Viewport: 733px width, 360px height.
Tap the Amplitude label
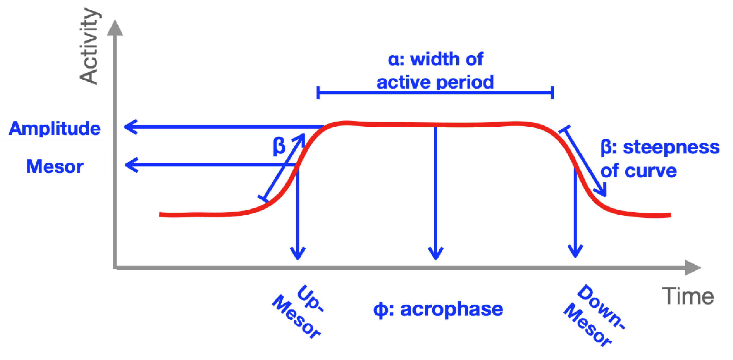pyautogui.click(x=55, y=128)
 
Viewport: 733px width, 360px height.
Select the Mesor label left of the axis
pyautogui.click(x=55, y=166)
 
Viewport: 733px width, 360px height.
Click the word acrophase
pyautogui.click(x=452, y=310)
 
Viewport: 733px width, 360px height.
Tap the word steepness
pyautogui.click(x=671, y=147)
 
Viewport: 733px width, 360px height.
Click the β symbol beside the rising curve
pyautogui.click(x=279, y=146)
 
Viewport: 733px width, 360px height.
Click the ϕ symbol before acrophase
pyautogui.click(x=380, y=310)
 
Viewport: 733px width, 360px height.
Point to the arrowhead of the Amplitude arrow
pyautogui.click(x=130, y=127)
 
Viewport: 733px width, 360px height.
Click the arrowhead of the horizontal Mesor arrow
pyautogui.click(x=131, y=165)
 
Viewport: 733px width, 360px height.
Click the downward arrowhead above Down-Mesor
pyautogui.click(x=575, y=252)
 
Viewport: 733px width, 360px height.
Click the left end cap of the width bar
pyautogui.click(x=318, y=93)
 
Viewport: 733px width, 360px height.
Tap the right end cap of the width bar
pyautogui.click(x=553, y=93)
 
